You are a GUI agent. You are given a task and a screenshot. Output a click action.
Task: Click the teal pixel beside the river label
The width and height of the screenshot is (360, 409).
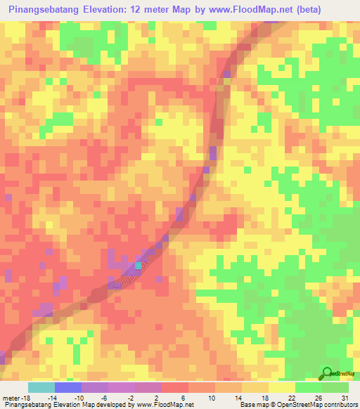139,266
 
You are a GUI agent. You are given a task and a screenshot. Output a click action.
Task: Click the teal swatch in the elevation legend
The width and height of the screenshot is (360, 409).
41,387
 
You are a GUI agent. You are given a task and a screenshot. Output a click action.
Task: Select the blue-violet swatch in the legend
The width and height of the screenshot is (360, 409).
67,387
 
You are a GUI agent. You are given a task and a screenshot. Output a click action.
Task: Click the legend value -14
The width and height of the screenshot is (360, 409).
51,398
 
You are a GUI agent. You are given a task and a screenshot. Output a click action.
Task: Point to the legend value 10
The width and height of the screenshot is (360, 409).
211,398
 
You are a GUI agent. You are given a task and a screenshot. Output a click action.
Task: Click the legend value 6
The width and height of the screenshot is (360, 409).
185,398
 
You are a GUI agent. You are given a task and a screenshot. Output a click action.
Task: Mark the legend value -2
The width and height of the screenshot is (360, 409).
131,398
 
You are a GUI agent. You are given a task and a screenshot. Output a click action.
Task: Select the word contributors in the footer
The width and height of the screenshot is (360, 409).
340,405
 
